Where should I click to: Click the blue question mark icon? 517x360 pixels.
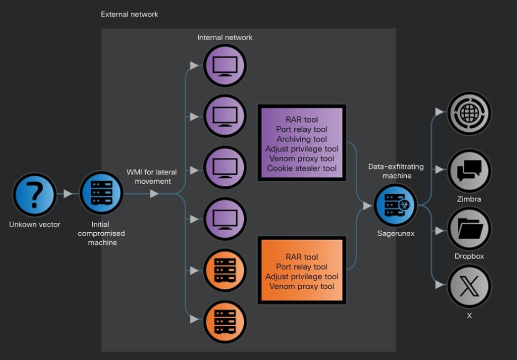(35, 194)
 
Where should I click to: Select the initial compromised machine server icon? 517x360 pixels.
(101, 193)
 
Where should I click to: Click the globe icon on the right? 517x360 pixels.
(469, 113)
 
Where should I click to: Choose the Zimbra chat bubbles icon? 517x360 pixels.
(469, 170)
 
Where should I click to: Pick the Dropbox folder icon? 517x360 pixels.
(469, 228)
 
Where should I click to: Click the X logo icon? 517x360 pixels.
(469, 286)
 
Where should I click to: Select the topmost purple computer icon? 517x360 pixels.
(225, 65)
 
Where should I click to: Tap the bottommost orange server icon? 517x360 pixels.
(225, 321)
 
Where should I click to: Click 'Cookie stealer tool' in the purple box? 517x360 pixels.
(301, 168)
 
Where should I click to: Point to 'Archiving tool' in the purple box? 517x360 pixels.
(301, 139)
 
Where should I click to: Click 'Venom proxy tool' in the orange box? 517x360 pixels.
(301, 287)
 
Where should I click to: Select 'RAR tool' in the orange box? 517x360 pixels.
(301, 257)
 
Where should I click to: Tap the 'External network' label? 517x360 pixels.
(129, 14)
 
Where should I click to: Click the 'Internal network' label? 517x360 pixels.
(225, 37)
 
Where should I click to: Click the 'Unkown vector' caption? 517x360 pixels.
(35, 224)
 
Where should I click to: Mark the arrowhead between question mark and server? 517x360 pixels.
(68, 194)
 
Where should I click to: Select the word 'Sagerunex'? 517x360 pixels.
(396, 233)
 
